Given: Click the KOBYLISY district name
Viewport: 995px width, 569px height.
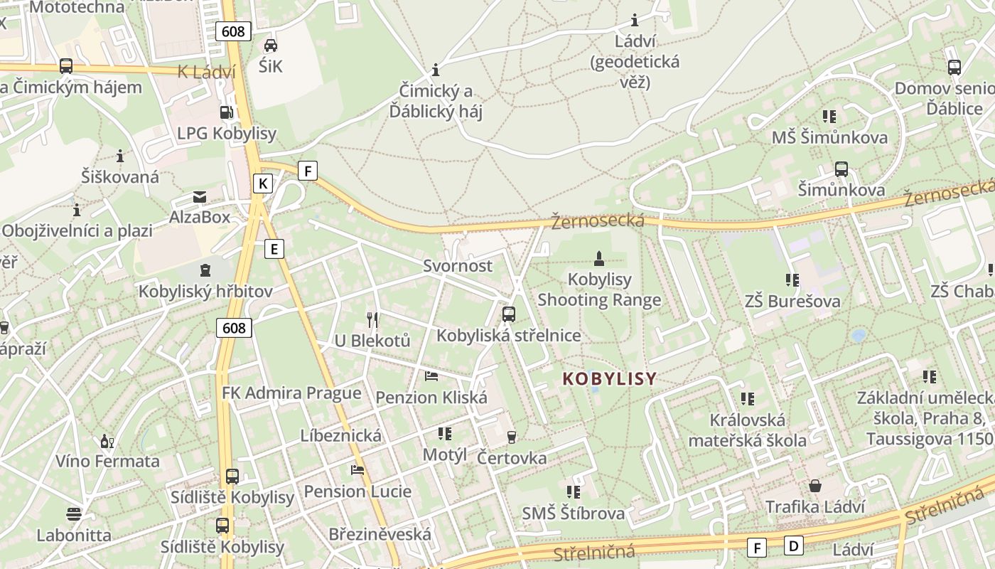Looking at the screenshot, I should (609, 379).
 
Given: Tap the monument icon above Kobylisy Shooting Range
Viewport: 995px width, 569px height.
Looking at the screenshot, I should (599, 258).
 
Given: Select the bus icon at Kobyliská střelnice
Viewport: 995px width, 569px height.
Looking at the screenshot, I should (509, 314).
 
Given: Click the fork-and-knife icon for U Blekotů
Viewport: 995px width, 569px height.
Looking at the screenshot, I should (372, 319).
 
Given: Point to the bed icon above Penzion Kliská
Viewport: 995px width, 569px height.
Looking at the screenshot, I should (431, 376).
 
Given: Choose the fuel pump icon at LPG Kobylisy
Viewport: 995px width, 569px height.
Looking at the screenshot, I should (226, 112).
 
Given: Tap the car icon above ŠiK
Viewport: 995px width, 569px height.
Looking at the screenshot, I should (270, 46).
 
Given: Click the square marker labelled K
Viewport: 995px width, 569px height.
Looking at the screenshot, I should (263, 184).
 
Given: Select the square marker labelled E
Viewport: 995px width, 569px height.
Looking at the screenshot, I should (274, 248).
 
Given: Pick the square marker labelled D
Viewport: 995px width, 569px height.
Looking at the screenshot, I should (793, 546).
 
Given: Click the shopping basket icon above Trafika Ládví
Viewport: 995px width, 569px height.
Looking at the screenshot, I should (814, 486).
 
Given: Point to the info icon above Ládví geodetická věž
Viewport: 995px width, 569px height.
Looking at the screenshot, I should (635, 20).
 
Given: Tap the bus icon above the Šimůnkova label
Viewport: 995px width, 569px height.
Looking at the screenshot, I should (841, 169).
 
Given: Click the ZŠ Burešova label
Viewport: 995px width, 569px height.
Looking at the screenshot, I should (792, 301).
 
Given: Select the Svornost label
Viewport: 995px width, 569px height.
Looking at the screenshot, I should (458, 266).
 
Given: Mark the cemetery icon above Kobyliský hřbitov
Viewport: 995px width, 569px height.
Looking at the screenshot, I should (205, 270).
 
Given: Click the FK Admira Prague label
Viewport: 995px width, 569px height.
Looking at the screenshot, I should (291, 393).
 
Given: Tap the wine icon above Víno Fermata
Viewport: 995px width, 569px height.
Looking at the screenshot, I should (107, 441).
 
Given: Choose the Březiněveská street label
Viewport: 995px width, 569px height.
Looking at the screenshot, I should (380, 534).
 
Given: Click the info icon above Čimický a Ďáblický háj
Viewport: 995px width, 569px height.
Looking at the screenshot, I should (436, 70).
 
